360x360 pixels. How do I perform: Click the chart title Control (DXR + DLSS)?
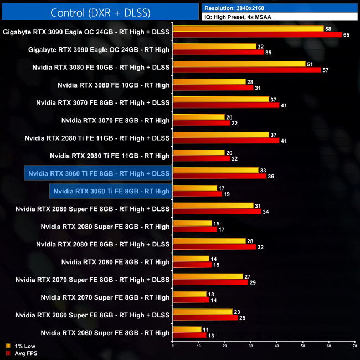coord(99,12)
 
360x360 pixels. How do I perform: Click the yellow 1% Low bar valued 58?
coord(248,29)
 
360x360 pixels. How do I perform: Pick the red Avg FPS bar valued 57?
coord(247,70)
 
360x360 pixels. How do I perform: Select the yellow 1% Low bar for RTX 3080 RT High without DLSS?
coord(209,81)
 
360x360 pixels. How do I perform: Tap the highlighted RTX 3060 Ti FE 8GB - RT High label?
coord(111,191)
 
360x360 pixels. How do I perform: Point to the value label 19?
coord(227,194)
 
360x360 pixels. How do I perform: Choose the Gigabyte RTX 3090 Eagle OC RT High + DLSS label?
coord(86,32)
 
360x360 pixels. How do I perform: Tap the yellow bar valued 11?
coord(187,329)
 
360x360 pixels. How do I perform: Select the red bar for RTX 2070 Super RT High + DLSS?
coord(210,282)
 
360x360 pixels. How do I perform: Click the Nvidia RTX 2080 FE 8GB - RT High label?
coord(115,262)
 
